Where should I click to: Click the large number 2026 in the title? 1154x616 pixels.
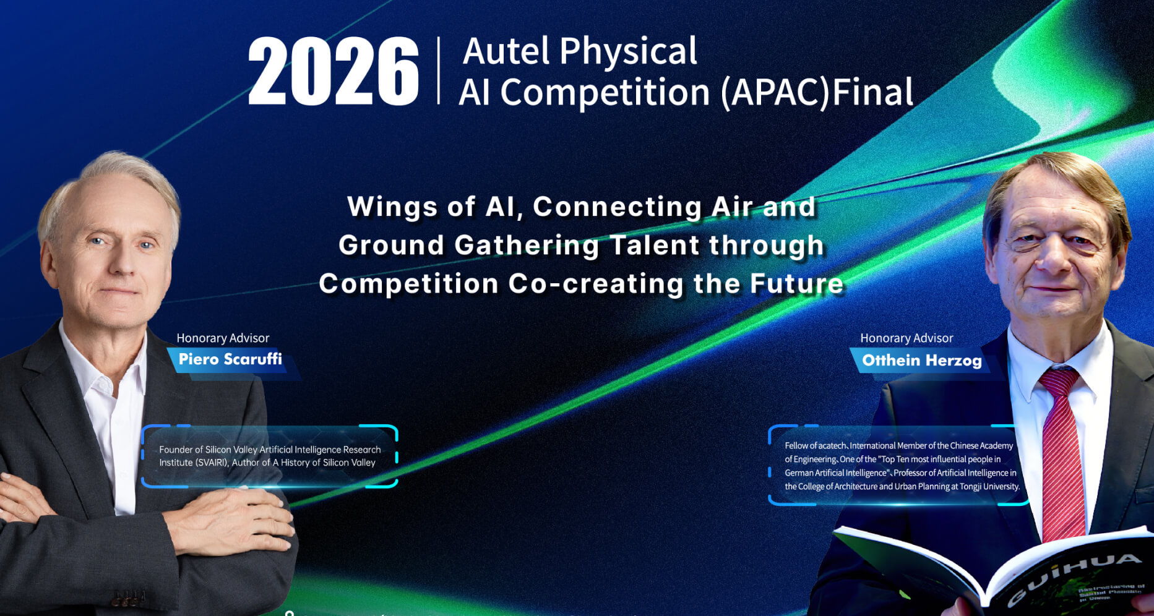(333, 71)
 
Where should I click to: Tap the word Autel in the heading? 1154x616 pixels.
(506, 51)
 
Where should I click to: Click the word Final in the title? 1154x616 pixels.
(872, 93)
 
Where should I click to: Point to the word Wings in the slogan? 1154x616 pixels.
(393, 207)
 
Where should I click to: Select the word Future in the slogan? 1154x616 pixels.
(796, 284)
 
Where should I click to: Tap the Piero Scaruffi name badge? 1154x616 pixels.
(230, 359)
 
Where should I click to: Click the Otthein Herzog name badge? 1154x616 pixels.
(921, 361)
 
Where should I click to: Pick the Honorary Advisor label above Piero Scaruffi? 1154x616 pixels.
(223, 338)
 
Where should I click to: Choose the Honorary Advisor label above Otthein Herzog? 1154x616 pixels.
(906, 338)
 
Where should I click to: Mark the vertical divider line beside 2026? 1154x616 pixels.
(439, 71)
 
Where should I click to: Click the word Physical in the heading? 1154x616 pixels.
(628, 51)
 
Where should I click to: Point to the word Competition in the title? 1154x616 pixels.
(605, 93)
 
